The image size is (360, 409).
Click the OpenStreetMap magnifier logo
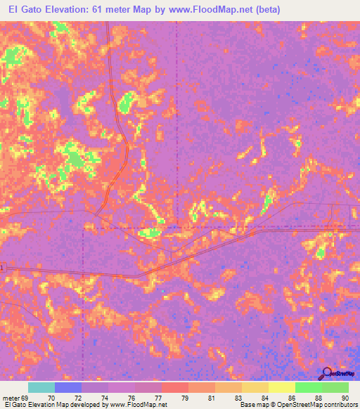327,372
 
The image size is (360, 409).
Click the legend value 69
26,398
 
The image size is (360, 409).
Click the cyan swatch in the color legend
41,387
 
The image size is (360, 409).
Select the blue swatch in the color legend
68,387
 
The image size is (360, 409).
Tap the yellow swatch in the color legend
282,387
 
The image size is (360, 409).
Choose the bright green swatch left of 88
308,387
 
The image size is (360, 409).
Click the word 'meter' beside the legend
11,398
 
